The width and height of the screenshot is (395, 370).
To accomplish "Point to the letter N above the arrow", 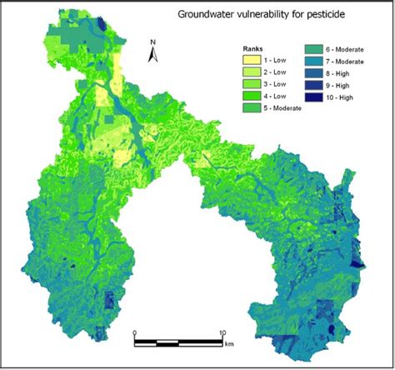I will tap(152, 42).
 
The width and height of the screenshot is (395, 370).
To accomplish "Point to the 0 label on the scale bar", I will tap(135, 332).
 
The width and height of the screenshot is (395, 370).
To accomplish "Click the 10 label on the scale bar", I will tap(222, 332).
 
